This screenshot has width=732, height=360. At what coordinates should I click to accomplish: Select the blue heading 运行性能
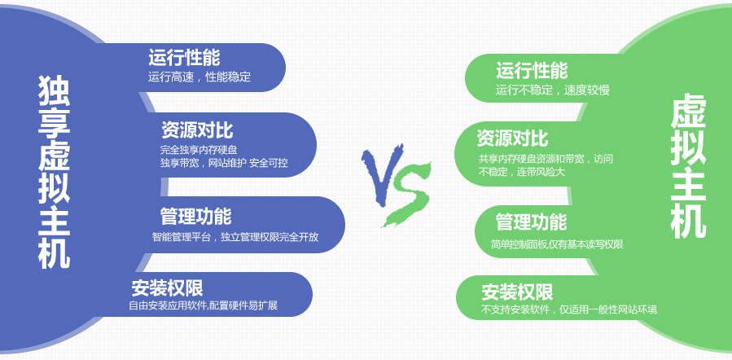click(x=184, y=58)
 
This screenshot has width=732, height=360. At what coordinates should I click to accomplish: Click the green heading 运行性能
click(x=532, y=71)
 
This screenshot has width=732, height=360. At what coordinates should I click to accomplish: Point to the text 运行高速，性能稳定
click(x=199, y=77)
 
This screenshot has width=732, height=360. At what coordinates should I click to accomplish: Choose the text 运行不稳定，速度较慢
click(x=553, y=90)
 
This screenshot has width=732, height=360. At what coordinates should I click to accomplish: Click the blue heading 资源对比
click(x=197, y=130)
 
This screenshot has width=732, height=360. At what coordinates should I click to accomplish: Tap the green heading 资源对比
click(x=512, y=138)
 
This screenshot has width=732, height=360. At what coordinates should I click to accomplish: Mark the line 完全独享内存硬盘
click(x=199, y=151)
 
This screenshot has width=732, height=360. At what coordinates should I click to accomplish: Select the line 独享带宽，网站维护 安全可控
click(x=224, y=163)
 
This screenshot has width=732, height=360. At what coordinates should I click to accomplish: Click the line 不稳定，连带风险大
click(x=522, y=171)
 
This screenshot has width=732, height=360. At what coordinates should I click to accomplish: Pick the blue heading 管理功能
click(x=195, y=217)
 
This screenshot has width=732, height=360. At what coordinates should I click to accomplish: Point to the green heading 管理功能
click(x=531, y=222)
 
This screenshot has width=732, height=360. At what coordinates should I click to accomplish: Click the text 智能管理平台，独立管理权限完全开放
click(x=235, y=237)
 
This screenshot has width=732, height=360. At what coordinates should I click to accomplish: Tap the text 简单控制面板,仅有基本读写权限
click(x=557, y=244)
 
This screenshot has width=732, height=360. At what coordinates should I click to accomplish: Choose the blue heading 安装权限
click(x=167, y=288)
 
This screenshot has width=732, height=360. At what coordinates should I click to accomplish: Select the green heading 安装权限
click(x=517, y=292)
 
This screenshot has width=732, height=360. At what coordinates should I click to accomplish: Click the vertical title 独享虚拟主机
click(x=55, y=172)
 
